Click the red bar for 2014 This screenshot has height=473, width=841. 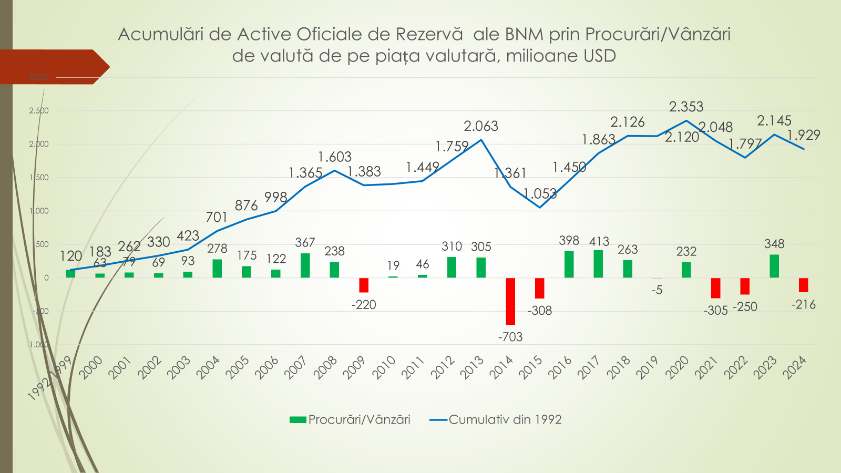(510, 301)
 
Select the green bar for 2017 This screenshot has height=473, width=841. (598, 264)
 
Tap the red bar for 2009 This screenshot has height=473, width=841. (364, 285)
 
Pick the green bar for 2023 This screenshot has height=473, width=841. (774, 266)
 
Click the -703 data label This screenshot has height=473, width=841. (510, 337)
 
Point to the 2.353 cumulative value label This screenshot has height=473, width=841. (686, 107)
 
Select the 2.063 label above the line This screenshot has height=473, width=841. (481, 126)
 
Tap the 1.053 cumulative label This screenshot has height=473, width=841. (540, 194)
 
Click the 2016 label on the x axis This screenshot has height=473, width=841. (560, 367)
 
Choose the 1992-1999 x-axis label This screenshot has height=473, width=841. (50, 378)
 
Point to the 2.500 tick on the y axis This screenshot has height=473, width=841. (39, 111)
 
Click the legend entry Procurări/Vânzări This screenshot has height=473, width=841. (350, 419)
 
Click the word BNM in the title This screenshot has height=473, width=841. (524, 34)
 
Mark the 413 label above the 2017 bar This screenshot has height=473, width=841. (599, 241)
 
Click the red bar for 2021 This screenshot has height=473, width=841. (715, 288)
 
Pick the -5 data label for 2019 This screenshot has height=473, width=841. (657, 290)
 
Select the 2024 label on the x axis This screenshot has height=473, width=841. (795, 367)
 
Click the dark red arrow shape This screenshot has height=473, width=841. (53, 67)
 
